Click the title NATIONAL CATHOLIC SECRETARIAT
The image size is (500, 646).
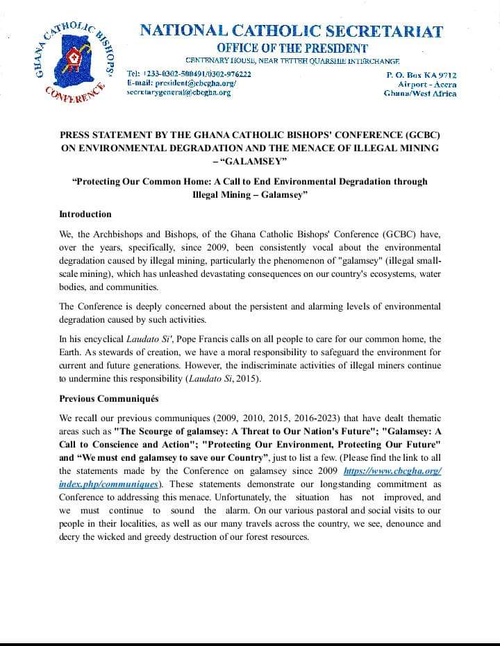[x=292, y=31]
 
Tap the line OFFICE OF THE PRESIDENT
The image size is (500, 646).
[x=292, y=48]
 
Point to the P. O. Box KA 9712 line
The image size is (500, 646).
[x=421, y=74]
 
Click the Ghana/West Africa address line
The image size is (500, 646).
[x=420, y=92]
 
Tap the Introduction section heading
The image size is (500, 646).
[x=85, y=214]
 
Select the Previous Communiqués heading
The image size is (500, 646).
[x=109, y=399]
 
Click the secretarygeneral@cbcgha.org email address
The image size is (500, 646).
[x=178, y=92]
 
